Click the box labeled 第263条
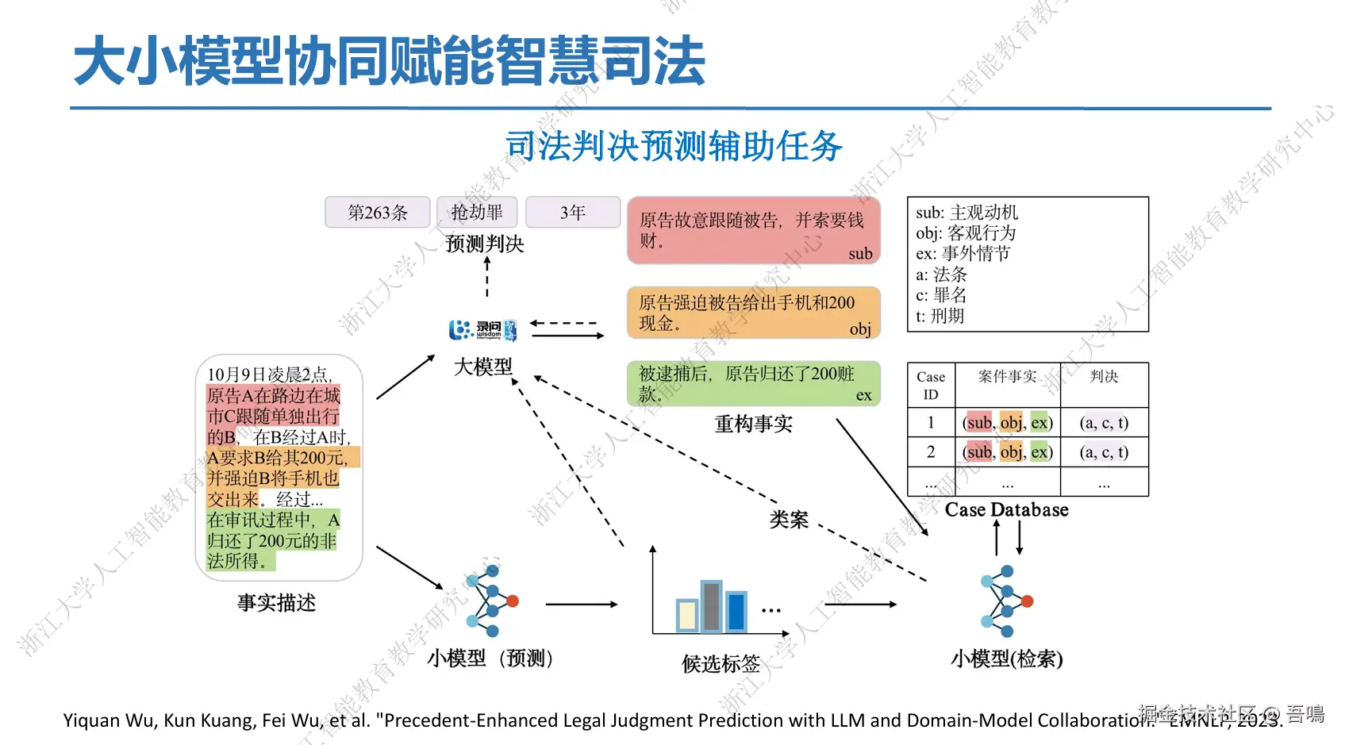click(x=377, y=213)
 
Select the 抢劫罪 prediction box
click(x=477, y=213)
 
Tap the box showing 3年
click(x=572, y=213)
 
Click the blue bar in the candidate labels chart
click(x=736, y=612)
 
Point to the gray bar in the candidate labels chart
click(x=711, y=607)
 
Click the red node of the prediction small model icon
click(x=513, y=601)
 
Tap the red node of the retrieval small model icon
click(x=1028, y=601)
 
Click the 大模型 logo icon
click(x=482, y=329)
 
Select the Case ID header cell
click(x=931, y=386)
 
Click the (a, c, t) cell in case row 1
click(x=1104, y=423)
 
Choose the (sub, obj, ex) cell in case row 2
click(x=1007, y=452)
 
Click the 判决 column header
click(x=1104, y=377)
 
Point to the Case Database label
click(x=1006, y=510)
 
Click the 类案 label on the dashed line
click(x=789, y=520)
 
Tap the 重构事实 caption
click(x=753, y=424)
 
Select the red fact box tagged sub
click(x=753, y=231)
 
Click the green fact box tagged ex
click(x=753, y=384)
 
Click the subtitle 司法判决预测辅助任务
click(x=673, y=146)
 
